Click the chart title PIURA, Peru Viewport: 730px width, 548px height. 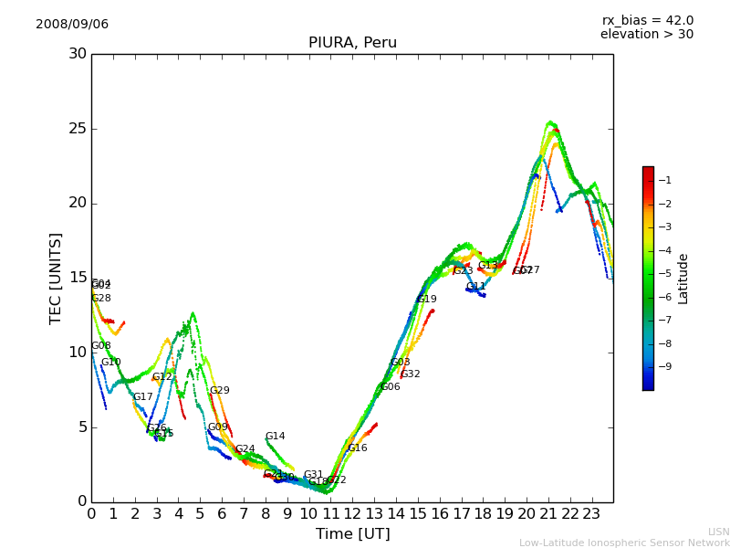352,43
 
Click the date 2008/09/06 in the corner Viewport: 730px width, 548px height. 72,25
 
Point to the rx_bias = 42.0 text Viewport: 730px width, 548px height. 647,21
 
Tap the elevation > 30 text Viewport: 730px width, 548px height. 646,35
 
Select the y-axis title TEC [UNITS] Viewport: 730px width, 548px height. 56,278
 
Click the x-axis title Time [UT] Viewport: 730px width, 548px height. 352,534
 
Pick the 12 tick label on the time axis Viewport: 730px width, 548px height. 352,514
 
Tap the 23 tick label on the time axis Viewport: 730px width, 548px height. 591,514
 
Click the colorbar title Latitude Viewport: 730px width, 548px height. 683,279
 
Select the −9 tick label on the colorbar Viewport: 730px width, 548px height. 664,367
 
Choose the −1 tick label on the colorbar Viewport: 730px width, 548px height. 664,180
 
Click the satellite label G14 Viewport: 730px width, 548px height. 276,437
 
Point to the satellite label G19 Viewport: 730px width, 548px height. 426,300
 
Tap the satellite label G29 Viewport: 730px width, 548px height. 220,391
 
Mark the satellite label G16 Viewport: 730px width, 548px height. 357,448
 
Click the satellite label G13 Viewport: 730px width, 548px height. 488,266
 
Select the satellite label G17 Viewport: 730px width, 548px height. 143,397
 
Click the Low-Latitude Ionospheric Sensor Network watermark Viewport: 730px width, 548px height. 624,543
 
